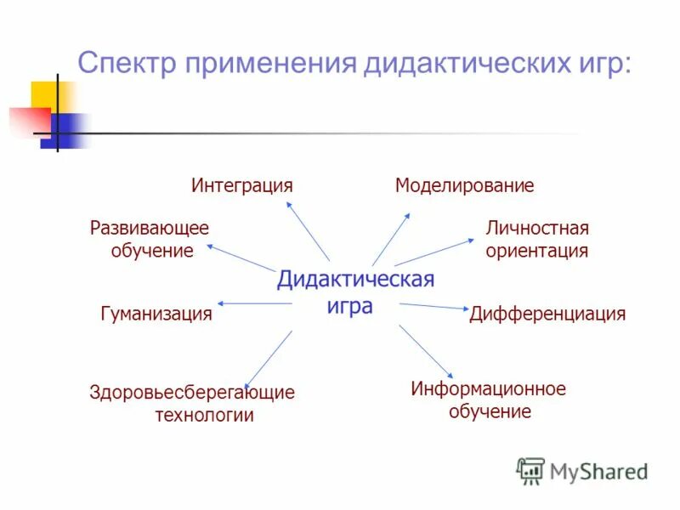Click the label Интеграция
point(241,185)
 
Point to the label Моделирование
point(464,185)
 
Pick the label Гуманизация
point(156,314)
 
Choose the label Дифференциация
point(547,314)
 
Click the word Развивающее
point(149,228)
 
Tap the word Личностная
point(537,228)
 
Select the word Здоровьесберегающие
point(192,393)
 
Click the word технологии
point(204,416)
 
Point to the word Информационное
point(488,389)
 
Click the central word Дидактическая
point(355,280)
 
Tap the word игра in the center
point(349,305)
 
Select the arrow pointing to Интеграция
point(307,229)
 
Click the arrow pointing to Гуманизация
point(255,303)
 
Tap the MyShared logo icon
point(531,470)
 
